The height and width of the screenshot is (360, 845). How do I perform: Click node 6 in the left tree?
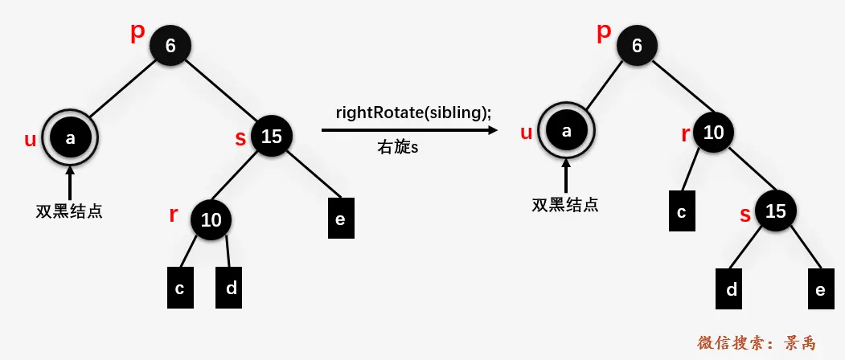170,46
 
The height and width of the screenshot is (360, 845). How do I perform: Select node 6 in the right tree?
638,46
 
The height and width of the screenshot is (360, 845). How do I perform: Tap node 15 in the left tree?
272,137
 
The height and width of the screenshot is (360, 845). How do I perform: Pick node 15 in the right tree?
776,211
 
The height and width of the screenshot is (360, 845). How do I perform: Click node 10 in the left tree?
211,220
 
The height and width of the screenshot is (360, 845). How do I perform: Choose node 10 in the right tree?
714,133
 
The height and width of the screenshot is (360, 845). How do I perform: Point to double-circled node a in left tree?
70,138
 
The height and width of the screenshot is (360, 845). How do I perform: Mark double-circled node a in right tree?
566,131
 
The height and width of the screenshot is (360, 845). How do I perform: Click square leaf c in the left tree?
180,288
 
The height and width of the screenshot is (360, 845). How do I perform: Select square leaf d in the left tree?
229,288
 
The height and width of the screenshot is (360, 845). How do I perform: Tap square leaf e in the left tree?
340,219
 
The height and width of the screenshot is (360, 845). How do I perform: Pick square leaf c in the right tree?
682,211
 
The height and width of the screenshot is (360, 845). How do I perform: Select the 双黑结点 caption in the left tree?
69,211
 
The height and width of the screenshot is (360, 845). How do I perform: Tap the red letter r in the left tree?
173,215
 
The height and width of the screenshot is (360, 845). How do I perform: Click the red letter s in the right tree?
745,215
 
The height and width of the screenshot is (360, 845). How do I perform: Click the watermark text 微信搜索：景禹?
756,343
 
